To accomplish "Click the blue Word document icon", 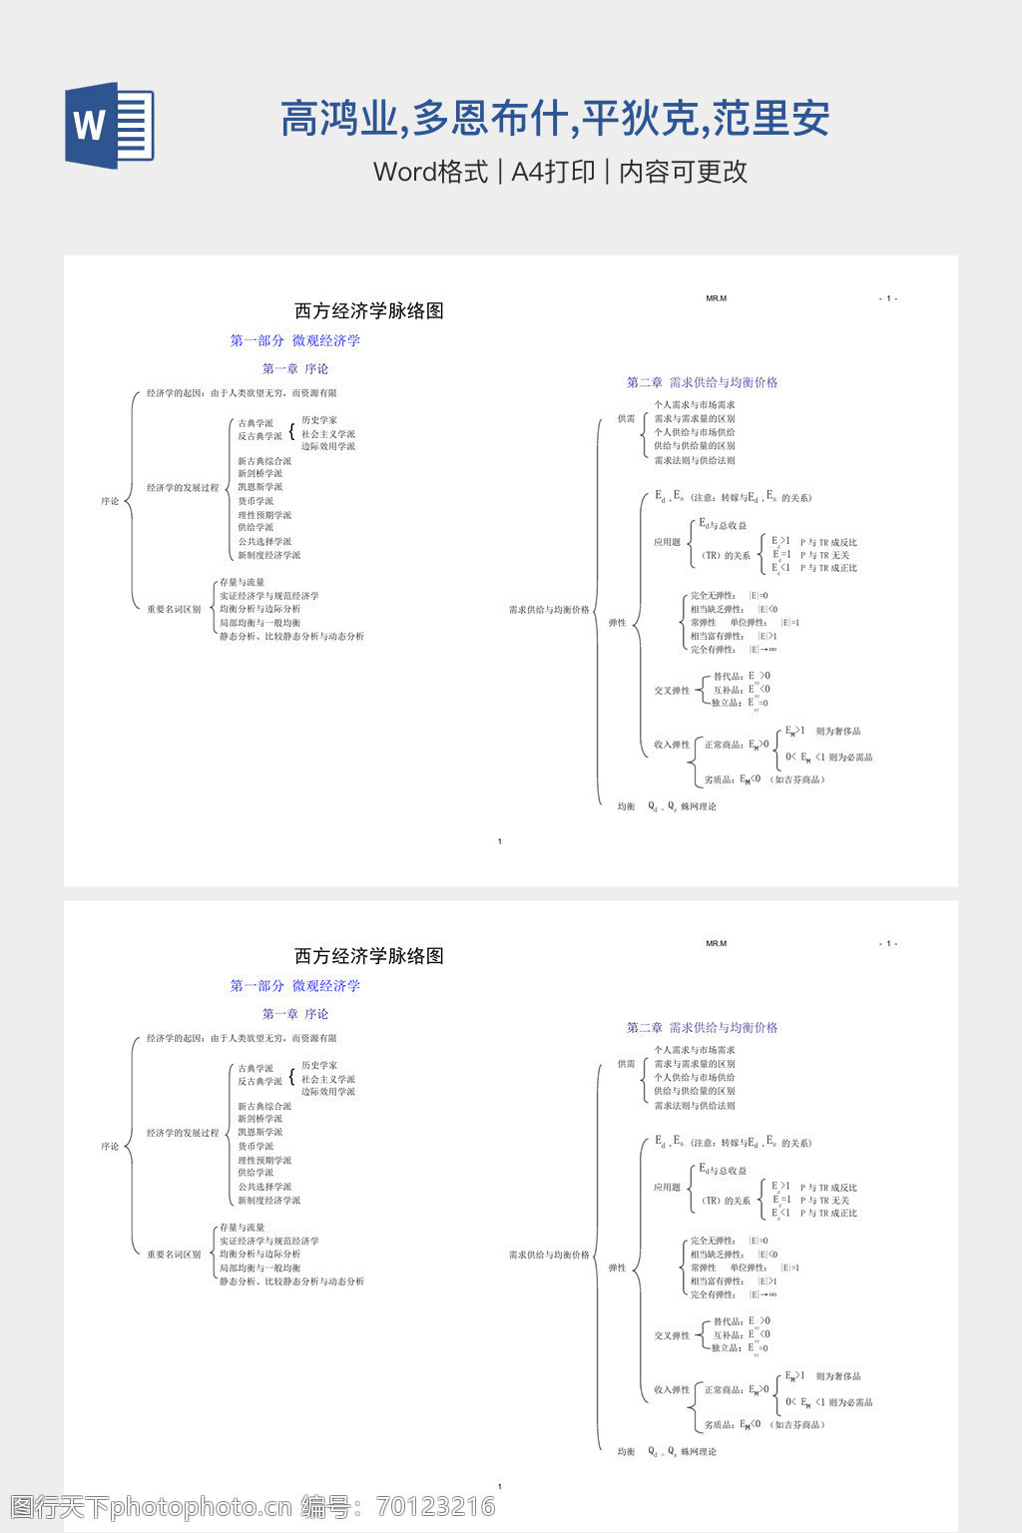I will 110,125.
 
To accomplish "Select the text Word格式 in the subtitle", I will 430,172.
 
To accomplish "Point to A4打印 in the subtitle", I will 553,172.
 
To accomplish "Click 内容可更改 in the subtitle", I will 684,172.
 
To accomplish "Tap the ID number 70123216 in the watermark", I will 436,1506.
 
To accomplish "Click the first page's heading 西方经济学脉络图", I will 369,311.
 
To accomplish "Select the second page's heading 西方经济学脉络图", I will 369,956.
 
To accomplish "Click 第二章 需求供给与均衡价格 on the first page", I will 702,382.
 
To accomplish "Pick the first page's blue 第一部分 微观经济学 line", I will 295,340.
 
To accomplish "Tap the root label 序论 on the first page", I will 110,501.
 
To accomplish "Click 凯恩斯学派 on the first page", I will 259,487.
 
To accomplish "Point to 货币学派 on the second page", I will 255,1146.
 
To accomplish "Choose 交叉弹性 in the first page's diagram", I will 672,691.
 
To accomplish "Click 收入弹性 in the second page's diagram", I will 672,1389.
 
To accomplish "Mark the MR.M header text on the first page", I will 716,298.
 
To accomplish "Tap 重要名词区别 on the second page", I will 174,1255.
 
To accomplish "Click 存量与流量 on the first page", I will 243,583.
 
